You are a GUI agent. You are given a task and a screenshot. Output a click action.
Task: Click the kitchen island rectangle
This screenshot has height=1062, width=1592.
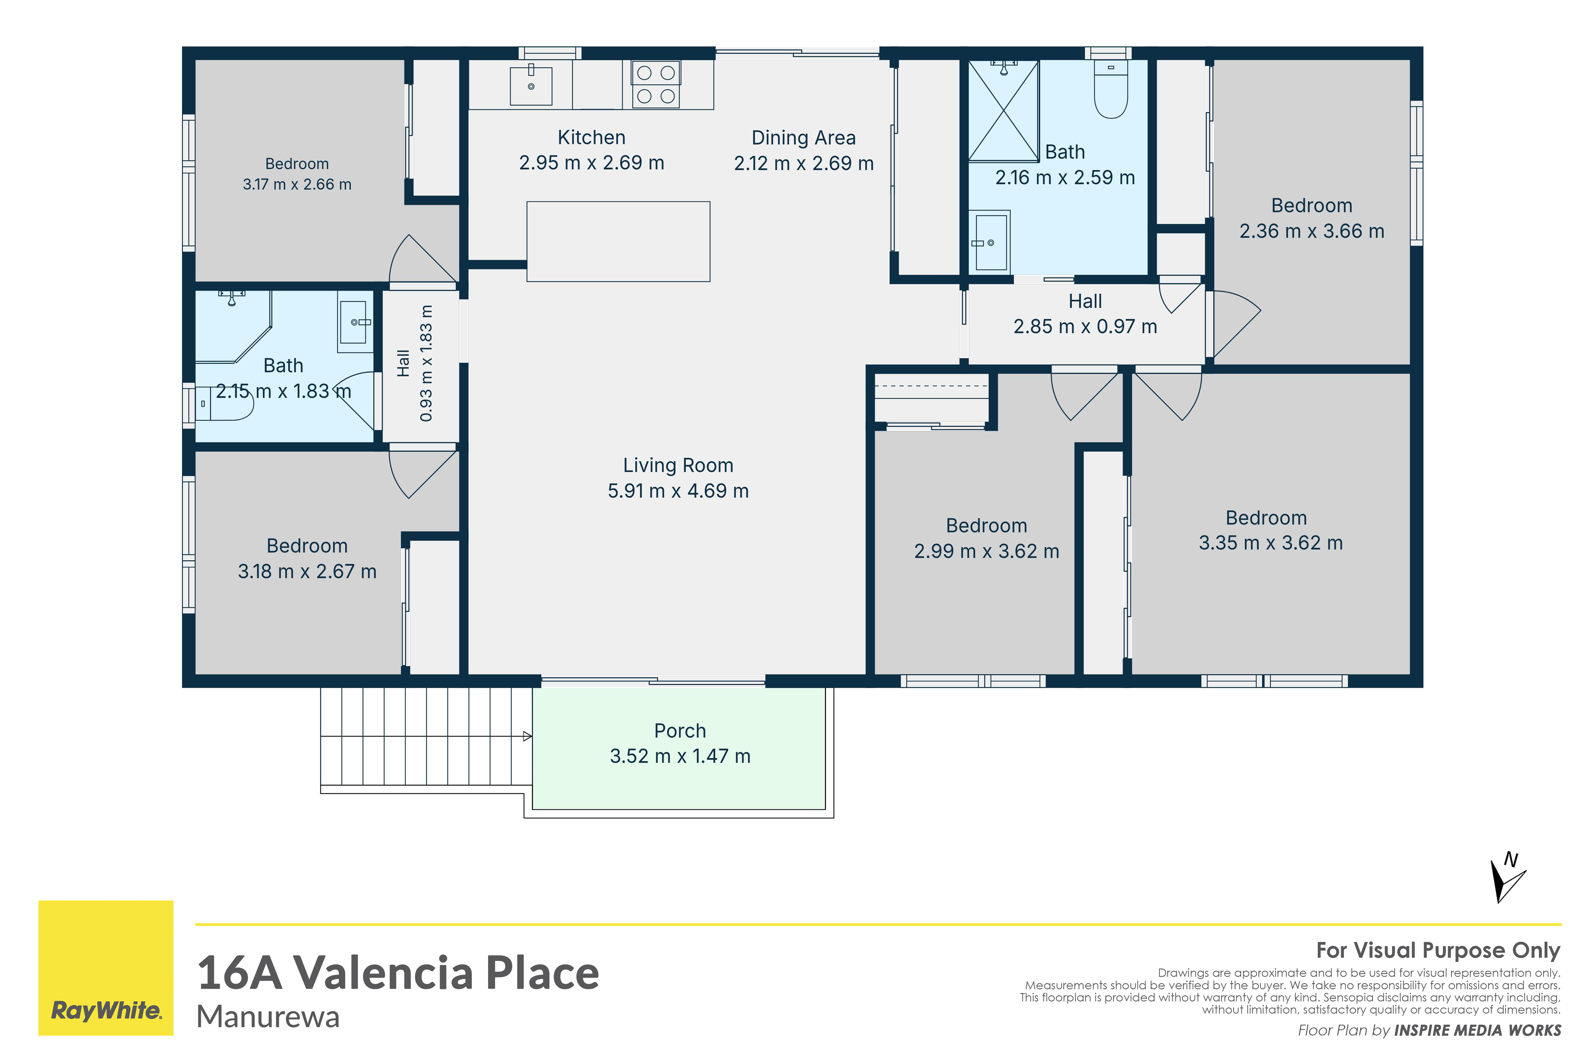[618, 241]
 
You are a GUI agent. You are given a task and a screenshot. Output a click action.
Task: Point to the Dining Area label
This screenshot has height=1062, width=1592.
[803, 138]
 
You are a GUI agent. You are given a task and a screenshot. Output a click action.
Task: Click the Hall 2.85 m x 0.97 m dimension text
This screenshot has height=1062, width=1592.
[1085, 326]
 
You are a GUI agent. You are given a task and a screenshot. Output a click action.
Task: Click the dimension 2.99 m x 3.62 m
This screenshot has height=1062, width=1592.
[986, 551]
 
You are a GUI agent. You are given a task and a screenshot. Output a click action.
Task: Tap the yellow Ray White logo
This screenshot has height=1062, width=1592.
[106, 968]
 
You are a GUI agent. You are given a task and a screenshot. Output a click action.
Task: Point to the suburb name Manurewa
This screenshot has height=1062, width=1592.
[268, 1017]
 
